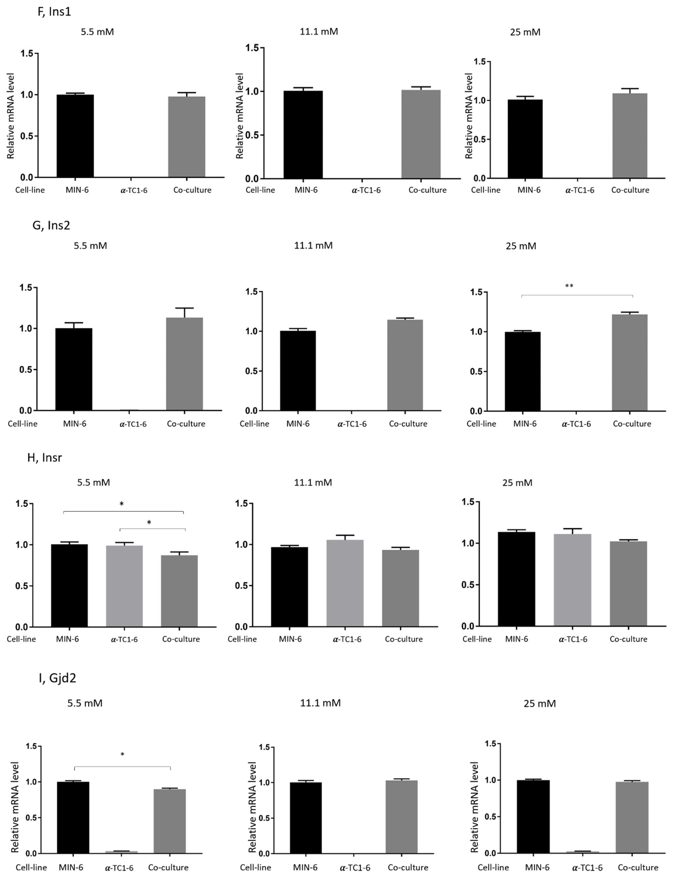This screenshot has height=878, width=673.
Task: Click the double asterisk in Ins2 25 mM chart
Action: point(569,286)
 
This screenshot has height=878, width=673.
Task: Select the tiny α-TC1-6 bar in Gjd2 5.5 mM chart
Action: point(121,852)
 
